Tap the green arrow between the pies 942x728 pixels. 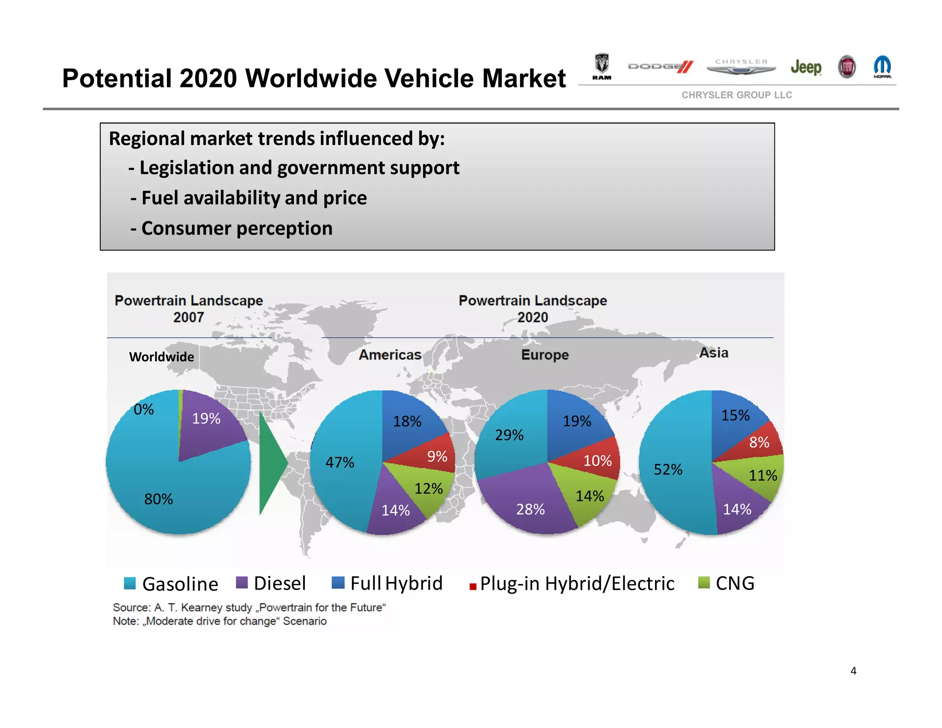(x=271, y=462)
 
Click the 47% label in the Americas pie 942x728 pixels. (x=339, y=462)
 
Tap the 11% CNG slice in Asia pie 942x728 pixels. (x=761, y=474)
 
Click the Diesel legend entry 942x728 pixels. (x=271, y=583)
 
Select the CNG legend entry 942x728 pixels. (x=726, y=583)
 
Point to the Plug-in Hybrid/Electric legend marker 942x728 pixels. (x=472, y=586)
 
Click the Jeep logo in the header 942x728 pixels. (x=806, y=68)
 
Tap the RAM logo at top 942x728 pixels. (x=602, y=67)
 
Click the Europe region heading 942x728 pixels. (x=545, y=355)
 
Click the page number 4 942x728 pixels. (x=853, y=671)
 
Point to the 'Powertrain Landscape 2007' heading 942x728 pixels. (x=189, y=309)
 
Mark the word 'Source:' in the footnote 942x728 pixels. (x=132, y=607)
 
